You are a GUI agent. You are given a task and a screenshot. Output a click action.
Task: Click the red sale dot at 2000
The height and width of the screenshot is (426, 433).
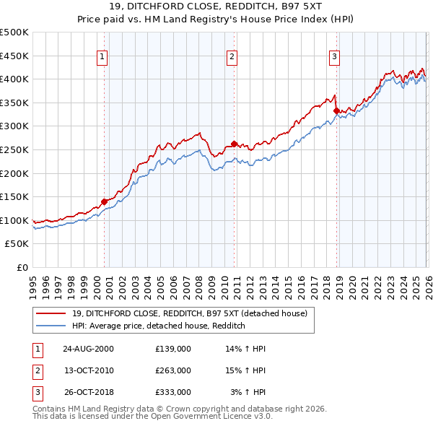[105, 201]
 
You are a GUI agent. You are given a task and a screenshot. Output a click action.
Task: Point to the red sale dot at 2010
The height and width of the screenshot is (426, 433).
[234, 143]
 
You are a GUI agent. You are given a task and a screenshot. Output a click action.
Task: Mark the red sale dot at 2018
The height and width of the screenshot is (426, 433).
[336, 110]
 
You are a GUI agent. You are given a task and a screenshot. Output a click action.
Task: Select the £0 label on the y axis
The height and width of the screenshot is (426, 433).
[22, 267]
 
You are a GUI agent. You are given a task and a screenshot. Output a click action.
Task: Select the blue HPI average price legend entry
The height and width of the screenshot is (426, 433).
[159, 326]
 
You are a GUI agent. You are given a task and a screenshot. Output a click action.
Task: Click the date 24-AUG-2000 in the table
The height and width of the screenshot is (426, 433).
[88, 349]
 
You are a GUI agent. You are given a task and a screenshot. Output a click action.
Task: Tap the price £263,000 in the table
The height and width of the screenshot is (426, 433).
[173, 370]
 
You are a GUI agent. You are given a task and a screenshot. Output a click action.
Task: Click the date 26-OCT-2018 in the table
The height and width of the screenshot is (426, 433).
[88, 392]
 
